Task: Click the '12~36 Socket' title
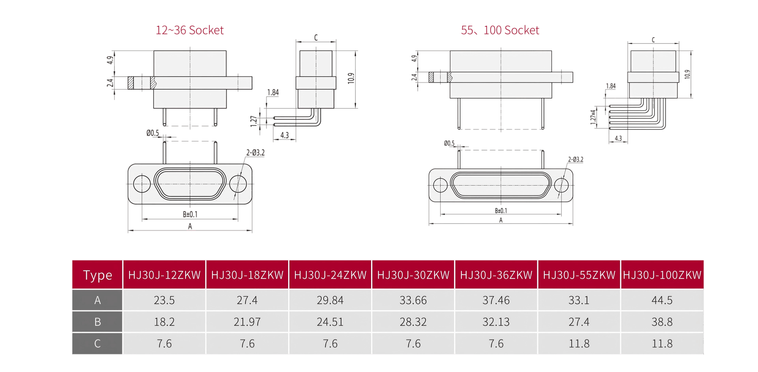(x=189, y=30)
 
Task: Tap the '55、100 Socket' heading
(x=500, y=30)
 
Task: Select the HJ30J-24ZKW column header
(x=330, y=275)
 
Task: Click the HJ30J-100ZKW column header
(x=662, y=275)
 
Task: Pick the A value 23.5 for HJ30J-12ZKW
(x=164, y=300)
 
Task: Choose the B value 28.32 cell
(x=413, y=322)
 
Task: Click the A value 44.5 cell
(x=662, y=300)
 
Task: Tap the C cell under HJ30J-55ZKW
(x=579, y=344)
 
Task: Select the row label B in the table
(x=98, y=322)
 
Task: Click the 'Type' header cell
(x=98, y=275)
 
